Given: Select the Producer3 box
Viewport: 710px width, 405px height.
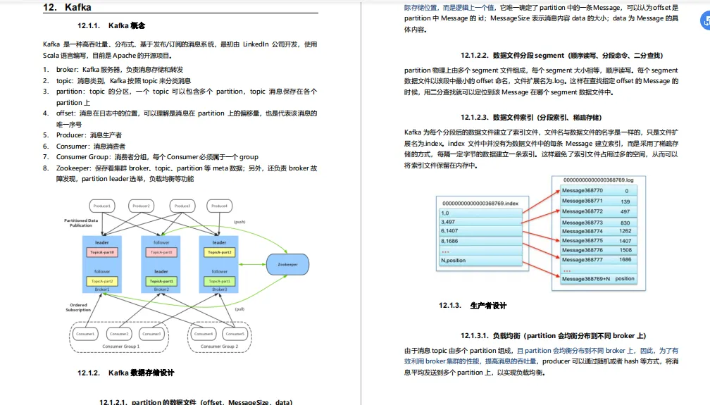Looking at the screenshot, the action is point(182,206).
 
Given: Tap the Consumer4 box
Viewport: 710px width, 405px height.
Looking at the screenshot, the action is point(204,333).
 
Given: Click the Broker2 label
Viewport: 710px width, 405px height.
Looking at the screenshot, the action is point(161,289).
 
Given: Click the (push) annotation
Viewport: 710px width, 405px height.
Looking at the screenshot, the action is point(239,222).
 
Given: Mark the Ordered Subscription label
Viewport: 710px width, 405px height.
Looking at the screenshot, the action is point(78,307).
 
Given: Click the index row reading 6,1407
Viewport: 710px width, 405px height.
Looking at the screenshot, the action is point(449,230).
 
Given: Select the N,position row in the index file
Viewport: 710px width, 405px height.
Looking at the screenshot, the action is point(454,260).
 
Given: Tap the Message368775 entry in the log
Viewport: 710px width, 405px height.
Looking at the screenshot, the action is point(583,240).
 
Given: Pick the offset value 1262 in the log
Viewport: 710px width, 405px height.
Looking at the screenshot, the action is point(625,231).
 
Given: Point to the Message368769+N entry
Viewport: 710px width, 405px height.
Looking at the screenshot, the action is point(587,279).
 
